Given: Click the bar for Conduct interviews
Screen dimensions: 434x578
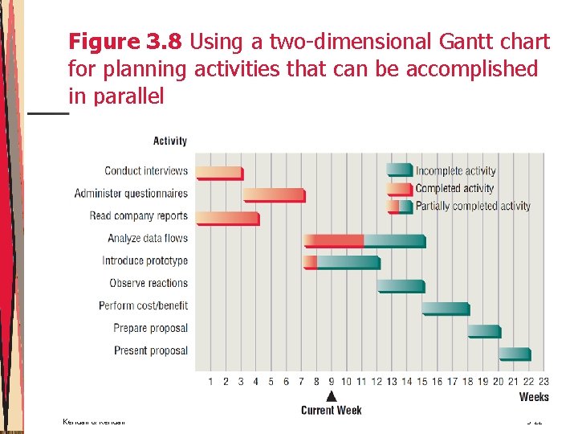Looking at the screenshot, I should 219,172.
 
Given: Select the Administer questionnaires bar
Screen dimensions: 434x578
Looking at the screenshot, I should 274,194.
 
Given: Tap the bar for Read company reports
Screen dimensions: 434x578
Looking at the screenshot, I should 228,217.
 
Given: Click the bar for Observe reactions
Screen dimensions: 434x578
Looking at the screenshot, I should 401,285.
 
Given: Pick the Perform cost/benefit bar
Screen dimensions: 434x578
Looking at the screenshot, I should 446,308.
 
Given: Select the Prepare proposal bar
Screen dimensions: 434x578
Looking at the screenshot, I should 484,330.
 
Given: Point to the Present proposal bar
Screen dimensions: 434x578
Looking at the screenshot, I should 515,353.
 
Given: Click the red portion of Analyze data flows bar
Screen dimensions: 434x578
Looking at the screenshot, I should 334,240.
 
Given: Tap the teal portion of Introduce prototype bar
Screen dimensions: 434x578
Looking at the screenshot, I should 348,262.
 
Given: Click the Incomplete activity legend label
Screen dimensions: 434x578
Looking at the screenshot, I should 455,170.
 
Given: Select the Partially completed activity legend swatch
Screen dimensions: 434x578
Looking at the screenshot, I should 399,207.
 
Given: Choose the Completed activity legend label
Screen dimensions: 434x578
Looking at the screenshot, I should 454,188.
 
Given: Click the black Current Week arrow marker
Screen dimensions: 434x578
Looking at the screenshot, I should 331,395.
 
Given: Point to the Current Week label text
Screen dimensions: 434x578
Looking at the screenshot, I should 331,410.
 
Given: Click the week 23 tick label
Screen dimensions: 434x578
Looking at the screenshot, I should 543,381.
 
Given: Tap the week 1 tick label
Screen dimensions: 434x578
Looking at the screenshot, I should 210,381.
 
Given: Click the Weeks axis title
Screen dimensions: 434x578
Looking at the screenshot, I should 534,397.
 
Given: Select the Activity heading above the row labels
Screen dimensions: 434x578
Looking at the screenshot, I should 169,141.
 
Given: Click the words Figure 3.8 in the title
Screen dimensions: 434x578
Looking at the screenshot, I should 126,42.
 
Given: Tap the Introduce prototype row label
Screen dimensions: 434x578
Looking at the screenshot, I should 144,260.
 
